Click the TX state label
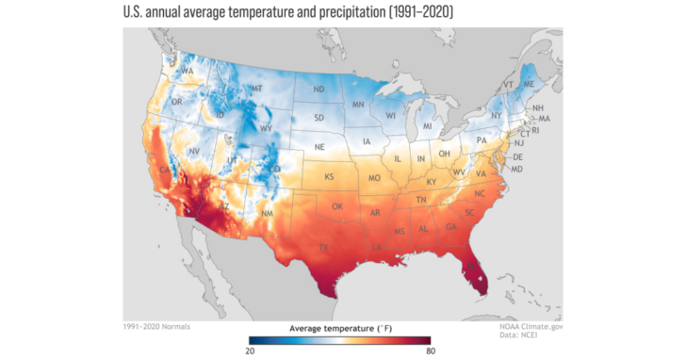pyautogui.click(x=324, y=249)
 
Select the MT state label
pyautogui.click(x=256, y=90)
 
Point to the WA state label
pyautogui.click(x=188, y=72)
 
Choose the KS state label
pyautogui.click(x=330, y=177)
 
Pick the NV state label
pyautogui.click(x=194, y=152)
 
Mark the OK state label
pyautogui.click(x=338, y=206)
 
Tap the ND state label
pyautogui.click(x=319, y=90)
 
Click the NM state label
pyautogui.click(x=267, y=215)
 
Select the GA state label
pyautogui.click(x=451, y=227)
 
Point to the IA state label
pyautogui.click(x=367, y=142)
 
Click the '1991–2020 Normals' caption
pyautogui.click(x=156, y=326)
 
